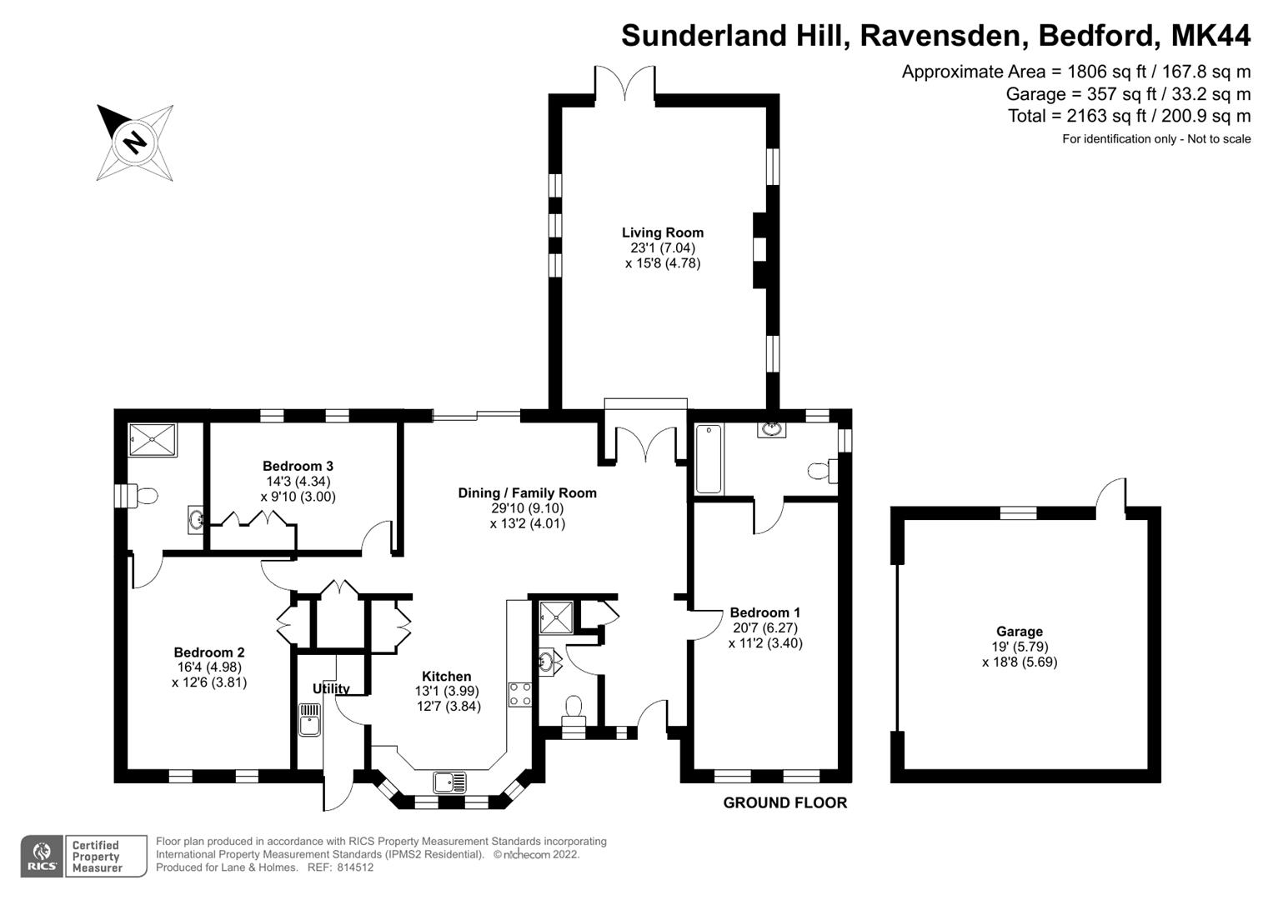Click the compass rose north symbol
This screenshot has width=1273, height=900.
[134, 141]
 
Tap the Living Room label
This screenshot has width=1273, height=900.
[663, 232]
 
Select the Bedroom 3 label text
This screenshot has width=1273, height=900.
[298, 466]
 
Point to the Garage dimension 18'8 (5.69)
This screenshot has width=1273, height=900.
[1019, 662]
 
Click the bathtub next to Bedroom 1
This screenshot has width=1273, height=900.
[709, 458]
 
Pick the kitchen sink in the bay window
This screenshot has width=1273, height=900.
[450, 782]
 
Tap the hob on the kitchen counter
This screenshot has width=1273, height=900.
[520, 694]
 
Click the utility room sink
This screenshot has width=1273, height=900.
[310, 719]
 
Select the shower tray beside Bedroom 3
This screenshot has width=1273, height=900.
[153, 440]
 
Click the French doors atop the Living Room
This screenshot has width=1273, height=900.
[625, 83]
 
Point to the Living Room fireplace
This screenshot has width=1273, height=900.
[759, 250]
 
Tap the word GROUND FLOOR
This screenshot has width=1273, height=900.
[784, 802]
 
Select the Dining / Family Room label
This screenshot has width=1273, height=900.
[527, 492]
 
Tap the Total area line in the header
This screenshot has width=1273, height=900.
[1129, 116]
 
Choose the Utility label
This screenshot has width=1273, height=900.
[331, 688]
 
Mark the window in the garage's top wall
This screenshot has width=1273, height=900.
[1018, 512]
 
